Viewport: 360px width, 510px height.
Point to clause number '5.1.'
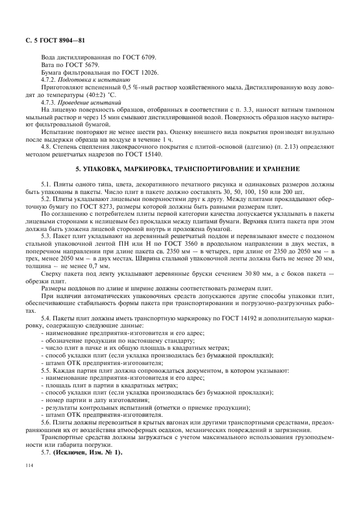(x=47, y=184)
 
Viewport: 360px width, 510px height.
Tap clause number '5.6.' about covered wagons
(x=47, y=423)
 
